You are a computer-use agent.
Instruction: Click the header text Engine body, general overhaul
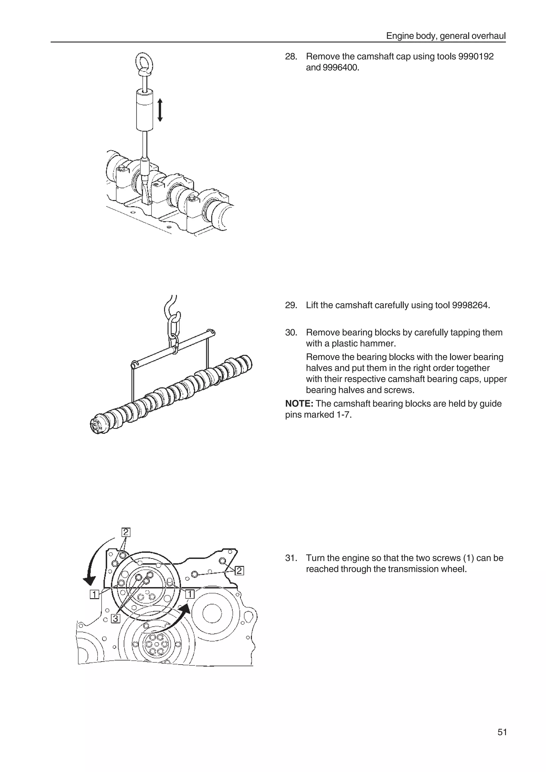[445, 36]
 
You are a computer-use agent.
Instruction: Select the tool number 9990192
[476, 56]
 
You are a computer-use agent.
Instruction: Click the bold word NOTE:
[299, 404]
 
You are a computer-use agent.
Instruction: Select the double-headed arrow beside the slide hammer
[160, 110]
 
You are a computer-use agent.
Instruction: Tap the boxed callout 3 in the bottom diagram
[115, 618]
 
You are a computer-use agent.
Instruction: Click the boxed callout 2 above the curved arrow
[126, 532]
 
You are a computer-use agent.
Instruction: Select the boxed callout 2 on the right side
[239, 571]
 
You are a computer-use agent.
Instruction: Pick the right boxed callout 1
[190, 594]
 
